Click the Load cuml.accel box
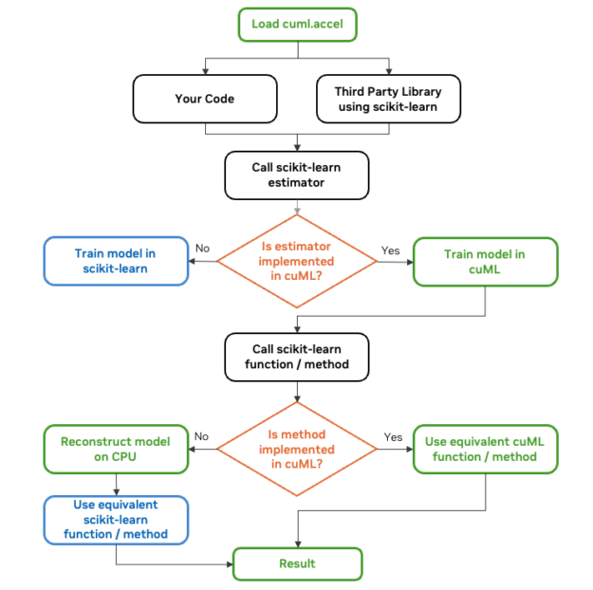[x=298, y=24]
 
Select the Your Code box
[x=204, y=99]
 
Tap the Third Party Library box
[x=387, y=99]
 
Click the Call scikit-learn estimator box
[x=296, y=175]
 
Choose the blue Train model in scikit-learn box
[x=115, y=261]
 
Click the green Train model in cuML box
[x=484, y=261]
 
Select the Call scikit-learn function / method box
[x=296, y=356]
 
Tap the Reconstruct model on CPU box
[x=115, y=449]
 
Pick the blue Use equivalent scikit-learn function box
[x=115, y=519]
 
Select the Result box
[x=297, y=563]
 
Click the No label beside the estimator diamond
[x=201, y=249]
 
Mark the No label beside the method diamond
[x=201, y=437]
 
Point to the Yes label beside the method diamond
[x=391, y=437]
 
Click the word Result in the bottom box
[x=297, y=563]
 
